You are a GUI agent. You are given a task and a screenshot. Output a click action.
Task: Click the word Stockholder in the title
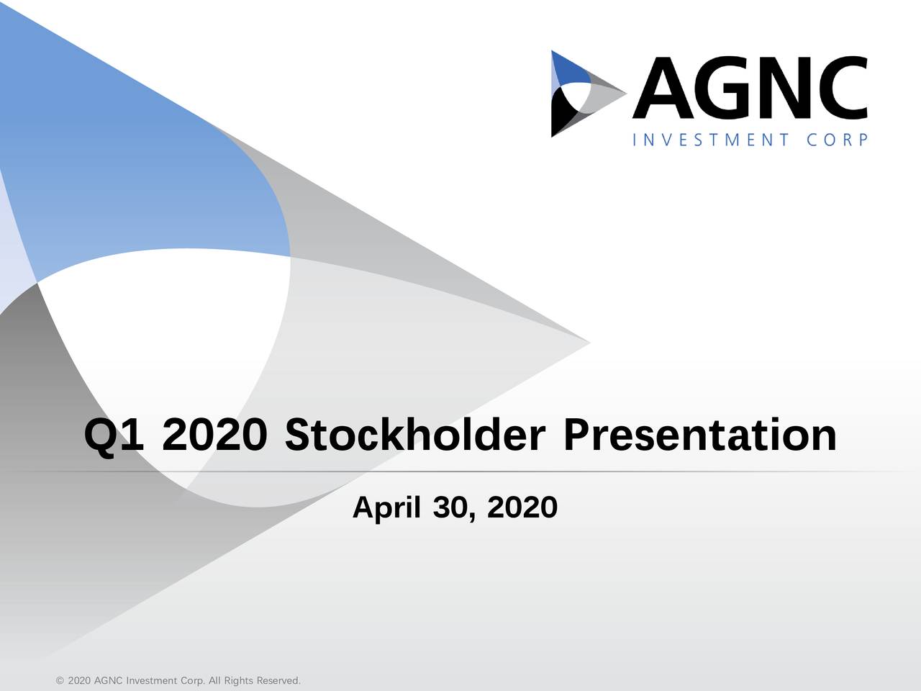pos(415,435)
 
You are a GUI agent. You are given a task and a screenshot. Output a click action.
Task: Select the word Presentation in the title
pos(700,435)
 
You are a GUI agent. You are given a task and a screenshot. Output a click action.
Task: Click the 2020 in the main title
pos(214,435)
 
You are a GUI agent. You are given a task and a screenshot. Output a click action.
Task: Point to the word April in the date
pos(386,508)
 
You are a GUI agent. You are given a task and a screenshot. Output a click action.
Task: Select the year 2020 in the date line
pos(522,507)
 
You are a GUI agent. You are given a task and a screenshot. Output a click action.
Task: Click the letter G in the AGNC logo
pos(724,87)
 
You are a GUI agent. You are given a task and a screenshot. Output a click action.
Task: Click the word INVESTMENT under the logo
pos(711,140)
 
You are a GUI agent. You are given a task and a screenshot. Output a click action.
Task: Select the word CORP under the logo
pos(837,140)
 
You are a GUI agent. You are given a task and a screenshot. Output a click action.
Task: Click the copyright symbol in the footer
pos(60,680)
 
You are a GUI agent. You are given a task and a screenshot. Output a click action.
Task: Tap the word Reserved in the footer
pos(278,680)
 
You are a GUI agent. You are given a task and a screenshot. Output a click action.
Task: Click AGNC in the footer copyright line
pos(108,680)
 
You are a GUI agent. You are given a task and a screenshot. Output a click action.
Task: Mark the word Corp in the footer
pos(193,680)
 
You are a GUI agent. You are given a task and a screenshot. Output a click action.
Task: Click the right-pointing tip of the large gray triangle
pos(590,343)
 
